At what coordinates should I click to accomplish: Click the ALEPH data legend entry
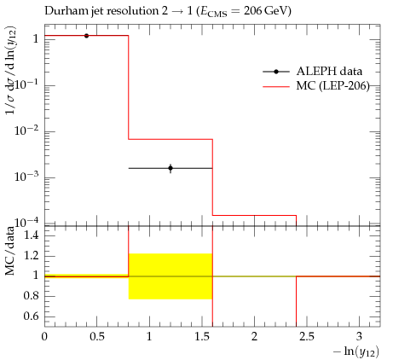coord(313,72)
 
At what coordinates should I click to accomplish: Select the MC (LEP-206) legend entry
coord(316,85)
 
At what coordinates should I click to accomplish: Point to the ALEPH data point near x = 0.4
coord(86,36)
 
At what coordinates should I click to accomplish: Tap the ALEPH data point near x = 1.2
coord(170,168)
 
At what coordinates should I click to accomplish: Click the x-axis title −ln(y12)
coord(356,351)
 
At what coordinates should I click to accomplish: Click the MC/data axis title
coord(9,251)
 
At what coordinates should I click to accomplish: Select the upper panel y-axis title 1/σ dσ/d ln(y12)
coord(11,71)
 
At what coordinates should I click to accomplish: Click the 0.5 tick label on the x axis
coord(97,337)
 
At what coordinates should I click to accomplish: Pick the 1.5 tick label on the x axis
coord(202,337)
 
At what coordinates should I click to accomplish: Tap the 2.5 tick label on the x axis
coord(307,337)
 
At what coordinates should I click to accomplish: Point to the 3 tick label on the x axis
coord(360,337)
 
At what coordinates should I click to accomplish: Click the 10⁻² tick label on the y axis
coord(26,131)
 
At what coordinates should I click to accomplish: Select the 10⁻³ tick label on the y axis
coord(26,177)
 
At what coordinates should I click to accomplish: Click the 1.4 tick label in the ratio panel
coord(32,235)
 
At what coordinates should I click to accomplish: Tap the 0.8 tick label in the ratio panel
coord(32,296)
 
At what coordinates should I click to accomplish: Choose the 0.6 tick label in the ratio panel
coord(32,316)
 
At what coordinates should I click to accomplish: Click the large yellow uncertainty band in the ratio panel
coord(170,276)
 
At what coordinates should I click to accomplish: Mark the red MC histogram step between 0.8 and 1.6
coord(170,139)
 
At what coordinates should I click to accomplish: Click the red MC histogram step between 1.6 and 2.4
coord(255,215)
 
